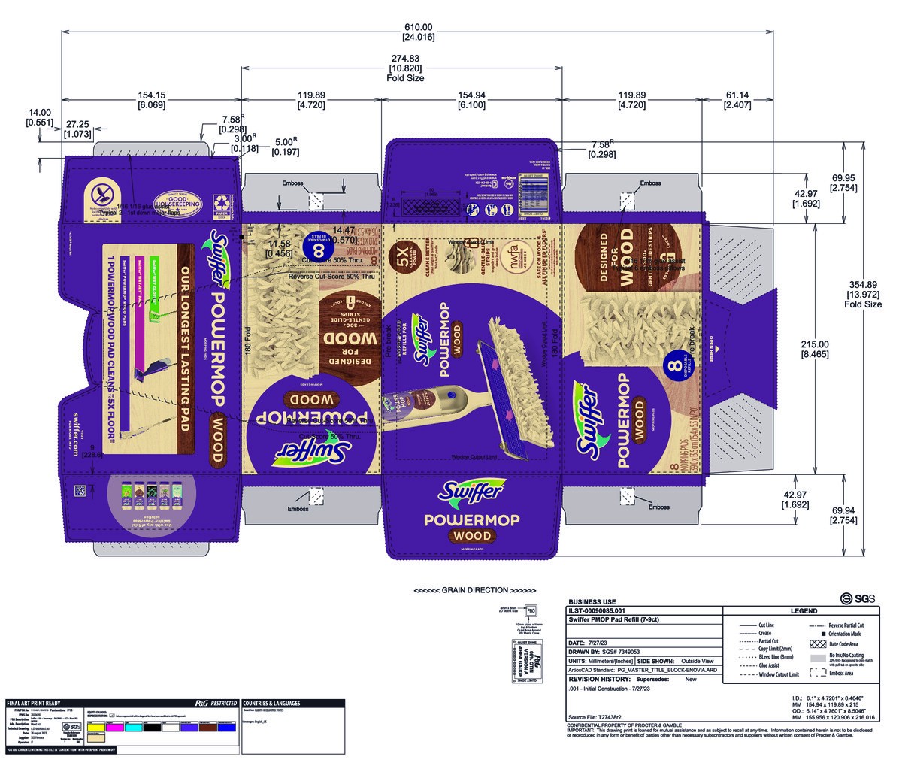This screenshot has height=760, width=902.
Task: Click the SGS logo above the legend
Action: point(852,598)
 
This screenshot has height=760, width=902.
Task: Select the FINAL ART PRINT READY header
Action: point(38,704)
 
